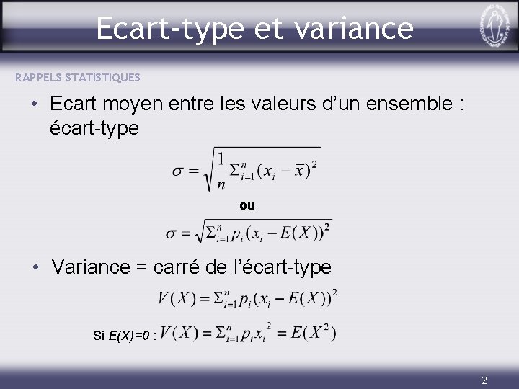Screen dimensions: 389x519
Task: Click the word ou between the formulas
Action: pyautogui.click(x=247, y=205)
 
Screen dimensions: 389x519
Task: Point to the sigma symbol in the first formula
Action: pyautogui.click(x=179, y=171)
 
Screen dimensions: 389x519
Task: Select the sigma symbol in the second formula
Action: pyautogui.click(x=172, y=233)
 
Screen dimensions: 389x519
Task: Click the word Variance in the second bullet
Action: pyautogui.click(x=91, y=267)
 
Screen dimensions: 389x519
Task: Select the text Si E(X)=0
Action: pyautogui.click(x=122, y=336)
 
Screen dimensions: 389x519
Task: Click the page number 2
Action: pyautogui.click(x=484, y=380)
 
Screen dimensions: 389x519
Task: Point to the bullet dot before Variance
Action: pyautogui.click(x=35, y=267)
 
